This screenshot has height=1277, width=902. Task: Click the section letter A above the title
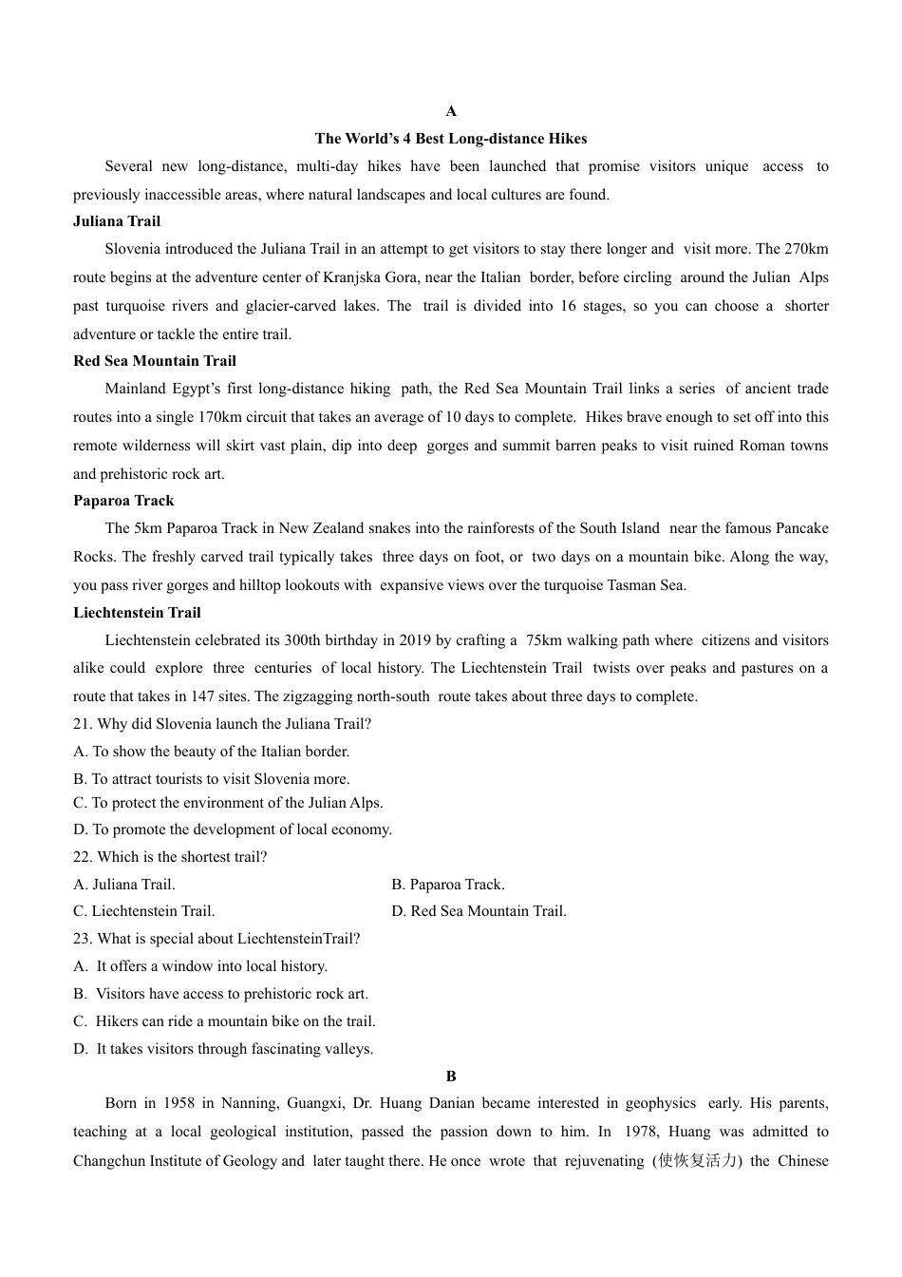[x=451, y=111]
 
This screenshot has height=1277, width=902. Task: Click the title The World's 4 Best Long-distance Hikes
[x=451, y=139]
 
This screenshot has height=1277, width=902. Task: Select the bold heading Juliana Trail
[x=117, y=221]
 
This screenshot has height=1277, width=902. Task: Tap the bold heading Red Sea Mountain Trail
[x=155, y=361]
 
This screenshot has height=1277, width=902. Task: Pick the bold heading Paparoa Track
[x=123, y=501]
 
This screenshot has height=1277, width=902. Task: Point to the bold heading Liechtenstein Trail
[x=137, y=613]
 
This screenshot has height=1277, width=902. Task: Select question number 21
[x=83, y=724]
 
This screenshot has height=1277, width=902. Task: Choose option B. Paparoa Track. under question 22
[x=448, y=885]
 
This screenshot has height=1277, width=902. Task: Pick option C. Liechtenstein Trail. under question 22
[x=144, y=911]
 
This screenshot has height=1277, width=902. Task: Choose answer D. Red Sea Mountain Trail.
[x=479, y=911]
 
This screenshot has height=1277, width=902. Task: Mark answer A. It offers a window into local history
[x=200, y=966]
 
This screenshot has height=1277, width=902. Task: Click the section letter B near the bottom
[x=451, y=1077]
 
